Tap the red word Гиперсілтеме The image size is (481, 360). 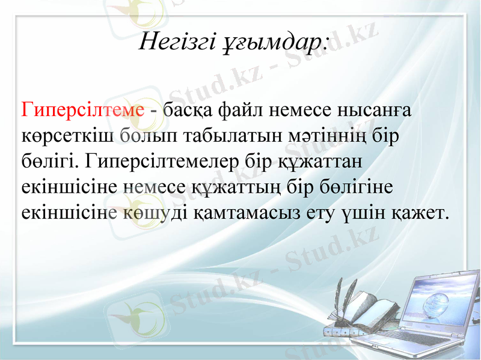point(83,111)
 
